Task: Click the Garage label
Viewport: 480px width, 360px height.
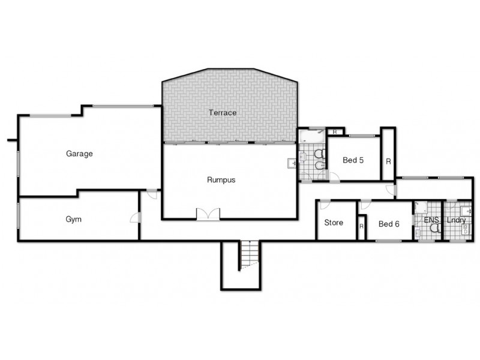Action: [79, 154]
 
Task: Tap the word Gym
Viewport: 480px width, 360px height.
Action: [73, 219]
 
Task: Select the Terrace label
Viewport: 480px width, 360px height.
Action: [223, 113]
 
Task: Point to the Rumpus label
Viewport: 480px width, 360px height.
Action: [221, 179]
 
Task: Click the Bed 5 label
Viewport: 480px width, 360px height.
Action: [353, 160]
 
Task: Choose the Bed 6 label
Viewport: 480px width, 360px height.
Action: [389, 224]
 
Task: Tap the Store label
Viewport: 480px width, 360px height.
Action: [334, 223]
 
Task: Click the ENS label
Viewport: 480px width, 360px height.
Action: [431, 220]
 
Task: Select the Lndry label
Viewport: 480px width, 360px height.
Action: [456, 220]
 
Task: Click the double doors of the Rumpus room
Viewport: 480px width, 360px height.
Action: [208, 214]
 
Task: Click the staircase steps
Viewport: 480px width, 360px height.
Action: [249, 254]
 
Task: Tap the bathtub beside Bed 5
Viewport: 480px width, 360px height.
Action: [311, 136]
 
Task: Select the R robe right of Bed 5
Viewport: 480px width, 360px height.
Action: [388, 161]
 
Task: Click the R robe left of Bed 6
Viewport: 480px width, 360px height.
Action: [362, 226]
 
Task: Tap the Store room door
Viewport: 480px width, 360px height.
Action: [325, 205]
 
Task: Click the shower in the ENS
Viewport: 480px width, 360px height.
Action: [421, 207]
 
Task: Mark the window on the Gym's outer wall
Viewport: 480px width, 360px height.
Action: [18, 215]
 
